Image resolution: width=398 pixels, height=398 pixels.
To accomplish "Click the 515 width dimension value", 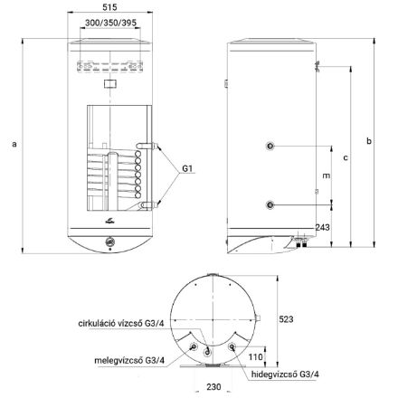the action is pos(109,7).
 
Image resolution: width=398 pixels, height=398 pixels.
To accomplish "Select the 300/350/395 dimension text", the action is pos(110,23).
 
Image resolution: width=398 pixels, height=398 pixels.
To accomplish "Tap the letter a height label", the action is pos(14,144).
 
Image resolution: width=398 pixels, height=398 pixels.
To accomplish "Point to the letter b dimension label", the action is pos(369,140).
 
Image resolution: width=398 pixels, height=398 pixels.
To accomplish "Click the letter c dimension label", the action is pos(346,157).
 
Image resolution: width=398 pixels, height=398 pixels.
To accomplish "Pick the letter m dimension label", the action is pos(327,175).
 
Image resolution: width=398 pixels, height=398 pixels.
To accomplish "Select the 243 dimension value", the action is pos(323,227).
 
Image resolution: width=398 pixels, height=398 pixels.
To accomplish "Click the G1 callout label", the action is pos(187,168).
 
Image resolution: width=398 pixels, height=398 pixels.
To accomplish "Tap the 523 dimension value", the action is pos(286,319).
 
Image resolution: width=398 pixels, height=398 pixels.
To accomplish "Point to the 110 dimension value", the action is pos(256,357).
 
